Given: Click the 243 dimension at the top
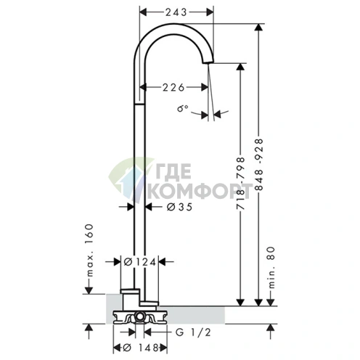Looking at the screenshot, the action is tap(176, 12).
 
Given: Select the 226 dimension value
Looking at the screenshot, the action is tap(173, 87).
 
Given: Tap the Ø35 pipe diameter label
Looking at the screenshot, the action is tap(180, 207).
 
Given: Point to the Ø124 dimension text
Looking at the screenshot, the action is tap(139, 262).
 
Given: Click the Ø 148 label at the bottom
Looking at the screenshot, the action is tap(141, 348).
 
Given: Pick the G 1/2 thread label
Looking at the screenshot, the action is tap(193, 332).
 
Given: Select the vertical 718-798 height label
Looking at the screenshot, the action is tap(241, 183).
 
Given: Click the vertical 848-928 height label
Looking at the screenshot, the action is tap(259, 165).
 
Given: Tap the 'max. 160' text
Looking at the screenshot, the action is tap(89, 250).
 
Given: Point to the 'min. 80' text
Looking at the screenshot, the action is tap(271, 268).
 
